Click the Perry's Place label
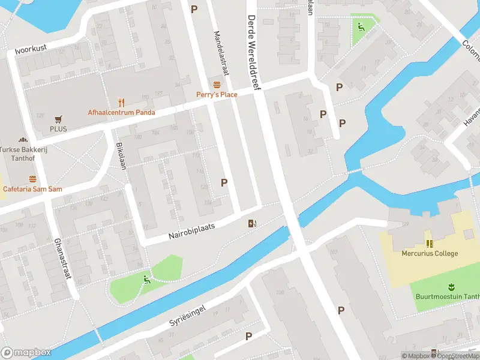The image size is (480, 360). (217, 94)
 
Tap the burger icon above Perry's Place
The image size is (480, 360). (217, 83)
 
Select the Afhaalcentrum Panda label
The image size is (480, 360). (121, 112)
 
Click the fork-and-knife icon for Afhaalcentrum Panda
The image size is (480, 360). (121, 101)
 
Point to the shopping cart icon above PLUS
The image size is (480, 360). (58, 119)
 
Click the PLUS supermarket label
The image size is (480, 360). (58, 129)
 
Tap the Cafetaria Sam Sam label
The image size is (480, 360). (32, 189)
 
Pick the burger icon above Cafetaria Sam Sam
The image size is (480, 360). (32, 178)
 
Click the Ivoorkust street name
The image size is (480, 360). (31, 48)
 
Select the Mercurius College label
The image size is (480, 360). (430, 253)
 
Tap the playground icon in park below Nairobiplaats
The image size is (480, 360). (146, 278)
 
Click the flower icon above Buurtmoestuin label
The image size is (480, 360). (450, 286)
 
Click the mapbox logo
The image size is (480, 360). (25, 353)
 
